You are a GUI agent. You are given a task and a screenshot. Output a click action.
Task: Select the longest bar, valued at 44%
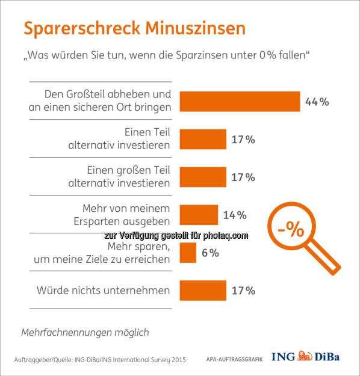(x=240, y=102)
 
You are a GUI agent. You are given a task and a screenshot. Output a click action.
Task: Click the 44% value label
(x=317, y=102)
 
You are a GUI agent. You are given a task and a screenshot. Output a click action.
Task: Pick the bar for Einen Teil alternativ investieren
(x=203, y=139)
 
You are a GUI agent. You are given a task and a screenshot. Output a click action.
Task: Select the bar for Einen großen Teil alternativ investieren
(x=203, y=177)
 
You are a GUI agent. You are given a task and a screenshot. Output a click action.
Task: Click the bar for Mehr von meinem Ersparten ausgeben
(x=199, y=215)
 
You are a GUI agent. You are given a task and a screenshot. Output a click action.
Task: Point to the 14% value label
(x=235, y=215)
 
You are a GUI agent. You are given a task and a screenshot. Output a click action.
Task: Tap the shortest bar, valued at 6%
(x=188, y=253)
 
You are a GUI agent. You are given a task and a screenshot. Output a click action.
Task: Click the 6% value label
(x=210, y=253)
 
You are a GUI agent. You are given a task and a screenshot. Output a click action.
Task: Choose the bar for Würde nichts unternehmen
(x=203, y=291)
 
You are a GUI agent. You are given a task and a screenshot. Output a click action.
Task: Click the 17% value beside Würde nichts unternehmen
(x=243, y=291)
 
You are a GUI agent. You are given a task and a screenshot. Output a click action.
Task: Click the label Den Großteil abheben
(x=108, y=95)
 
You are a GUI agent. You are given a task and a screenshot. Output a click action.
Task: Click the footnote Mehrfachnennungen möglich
(x=85, y=332)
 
